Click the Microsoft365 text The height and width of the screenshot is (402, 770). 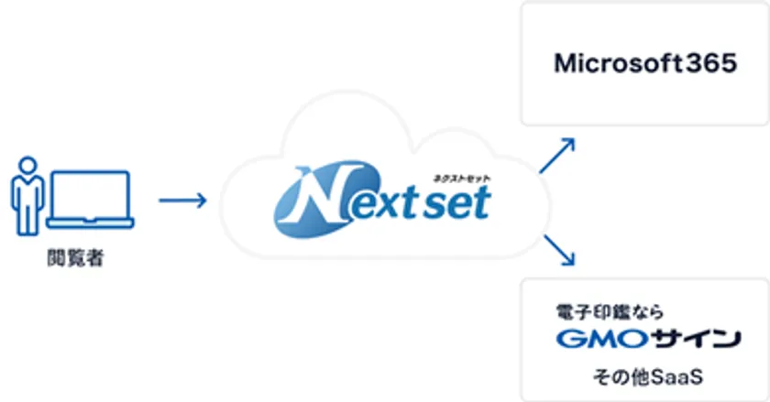(x=644, y=64)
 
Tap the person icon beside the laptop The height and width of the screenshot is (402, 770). (x=27, y=201)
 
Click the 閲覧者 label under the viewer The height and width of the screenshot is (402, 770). (x=74, y=260)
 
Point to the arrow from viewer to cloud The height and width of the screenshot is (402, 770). (x=182, y=199)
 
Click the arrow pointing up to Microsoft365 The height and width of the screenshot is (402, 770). (x=557, y=156)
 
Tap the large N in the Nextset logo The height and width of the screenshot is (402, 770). (x=312, y=202)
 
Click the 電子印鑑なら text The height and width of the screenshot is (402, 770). (x=609, y=311)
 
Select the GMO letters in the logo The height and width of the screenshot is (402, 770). (x=591, y=340)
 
